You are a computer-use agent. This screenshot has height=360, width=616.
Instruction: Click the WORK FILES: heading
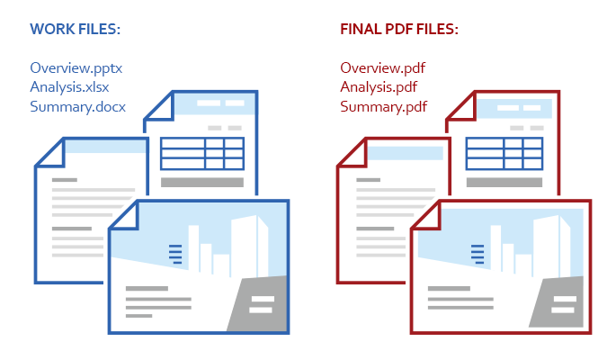coord(75,29)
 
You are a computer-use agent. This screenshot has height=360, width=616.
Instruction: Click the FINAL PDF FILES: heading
coord(399,29)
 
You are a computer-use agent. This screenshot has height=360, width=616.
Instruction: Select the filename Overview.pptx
coord(76,68)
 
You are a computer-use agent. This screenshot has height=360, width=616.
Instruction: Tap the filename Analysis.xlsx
coord(69,87)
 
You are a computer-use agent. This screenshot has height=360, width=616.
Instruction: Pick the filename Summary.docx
coord(77,106)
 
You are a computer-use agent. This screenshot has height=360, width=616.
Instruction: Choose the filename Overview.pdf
coord(383,68)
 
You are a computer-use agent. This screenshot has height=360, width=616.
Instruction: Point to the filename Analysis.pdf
coord(379,87)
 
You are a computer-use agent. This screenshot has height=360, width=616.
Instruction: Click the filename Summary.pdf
coord(383,106)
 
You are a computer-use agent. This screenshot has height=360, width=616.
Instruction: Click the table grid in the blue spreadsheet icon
coord(202,154)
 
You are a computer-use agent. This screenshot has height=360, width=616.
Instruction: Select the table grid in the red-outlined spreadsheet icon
coord(504,154)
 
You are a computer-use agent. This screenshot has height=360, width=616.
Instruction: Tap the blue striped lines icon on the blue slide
coord(175,255)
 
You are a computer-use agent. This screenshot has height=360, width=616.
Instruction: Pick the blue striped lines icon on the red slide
coord(478,255)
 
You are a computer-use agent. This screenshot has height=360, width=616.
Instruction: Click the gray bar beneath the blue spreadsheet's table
coord(202,183)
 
